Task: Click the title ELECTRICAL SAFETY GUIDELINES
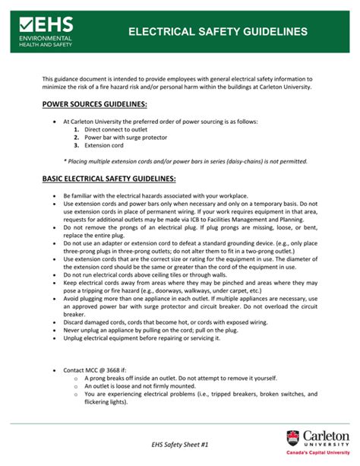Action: click(x=218, y=32)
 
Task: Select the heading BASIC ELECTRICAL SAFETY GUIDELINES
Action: click(x=109, y=179)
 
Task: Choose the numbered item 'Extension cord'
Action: click(x=104, y=145)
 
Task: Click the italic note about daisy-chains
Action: click(x=185, y=161)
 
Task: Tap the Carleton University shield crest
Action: click(x=292, y=439)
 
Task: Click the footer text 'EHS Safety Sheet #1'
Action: click(x=179, y=442)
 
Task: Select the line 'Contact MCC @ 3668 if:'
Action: click(x=99, y=370)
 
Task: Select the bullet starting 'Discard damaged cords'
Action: click(x=172, y=322)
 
